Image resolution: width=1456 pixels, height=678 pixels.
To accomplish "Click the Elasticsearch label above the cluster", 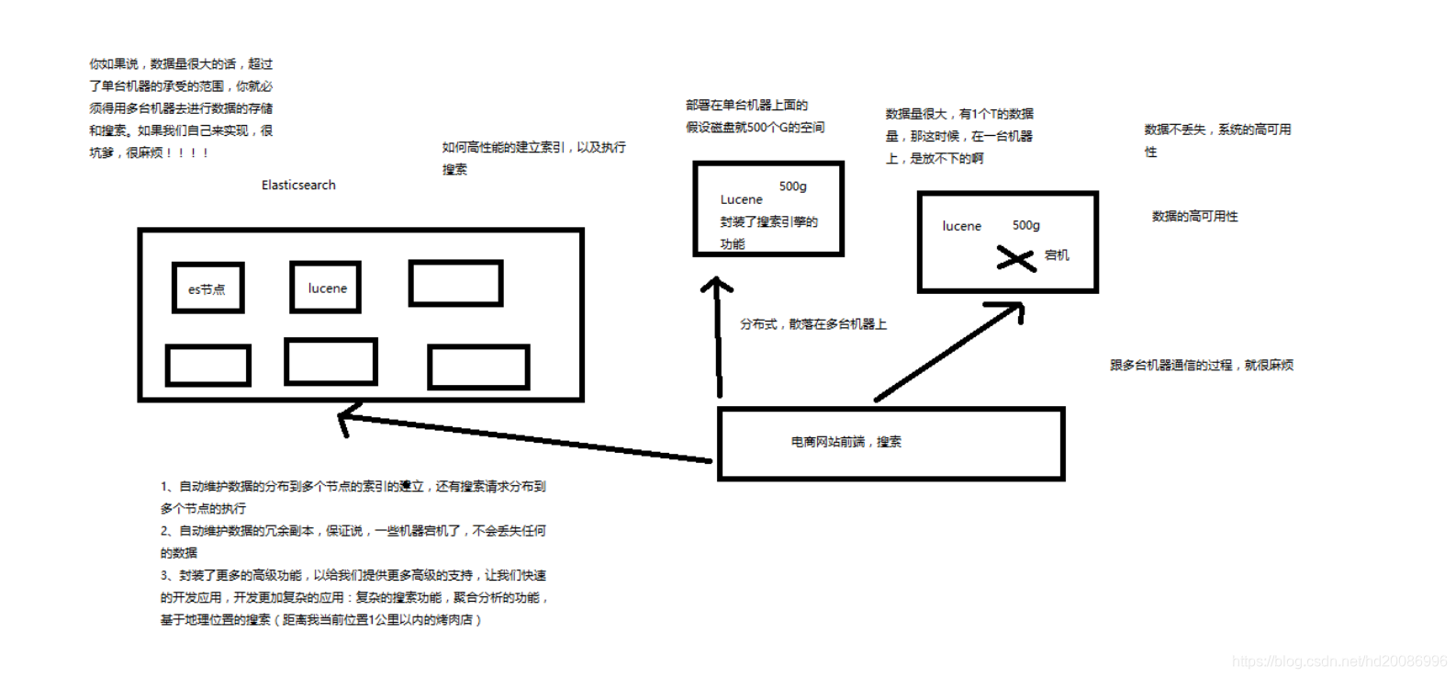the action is point(298,186).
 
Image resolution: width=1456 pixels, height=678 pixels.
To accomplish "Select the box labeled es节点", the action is point(207,288).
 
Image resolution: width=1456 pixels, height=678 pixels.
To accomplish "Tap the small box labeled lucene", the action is point(326,288).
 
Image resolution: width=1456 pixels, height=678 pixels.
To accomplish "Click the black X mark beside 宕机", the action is point(1015,258).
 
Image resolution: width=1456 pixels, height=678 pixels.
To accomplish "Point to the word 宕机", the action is point(1057,255).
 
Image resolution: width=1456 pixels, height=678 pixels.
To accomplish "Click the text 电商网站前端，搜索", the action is point(846,442).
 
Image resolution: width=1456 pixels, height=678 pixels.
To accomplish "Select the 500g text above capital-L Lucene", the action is point(792,186).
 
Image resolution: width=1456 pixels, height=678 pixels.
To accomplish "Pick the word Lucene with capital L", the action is point(741,199).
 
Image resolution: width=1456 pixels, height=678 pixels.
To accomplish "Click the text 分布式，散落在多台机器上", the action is point(812,324).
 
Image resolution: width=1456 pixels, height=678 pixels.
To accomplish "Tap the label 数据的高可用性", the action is point(1194,217).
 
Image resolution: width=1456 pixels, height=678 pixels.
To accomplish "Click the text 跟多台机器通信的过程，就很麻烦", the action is point(1201,366).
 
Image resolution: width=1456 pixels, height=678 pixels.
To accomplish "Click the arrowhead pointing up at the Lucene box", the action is point(716,286).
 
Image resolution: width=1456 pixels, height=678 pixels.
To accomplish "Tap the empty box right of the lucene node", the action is point(455,283).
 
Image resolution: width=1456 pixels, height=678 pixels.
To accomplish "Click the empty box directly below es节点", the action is point(207,366).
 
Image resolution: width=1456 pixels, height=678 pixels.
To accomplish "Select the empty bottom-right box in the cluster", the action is point(478,367).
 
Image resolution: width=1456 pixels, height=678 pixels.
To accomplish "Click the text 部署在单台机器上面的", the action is point(746,106).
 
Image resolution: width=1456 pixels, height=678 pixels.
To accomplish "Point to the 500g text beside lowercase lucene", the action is point(1025,226).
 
